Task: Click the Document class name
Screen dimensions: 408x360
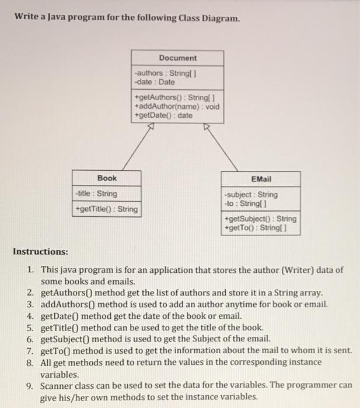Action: tap(177, 58)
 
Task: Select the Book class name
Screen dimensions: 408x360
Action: tap(107, 178)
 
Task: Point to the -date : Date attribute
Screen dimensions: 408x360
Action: tap(154, 82)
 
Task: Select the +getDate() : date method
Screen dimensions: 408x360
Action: tap(163, 115)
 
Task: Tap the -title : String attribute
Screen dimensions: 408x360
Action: tap(97, 194)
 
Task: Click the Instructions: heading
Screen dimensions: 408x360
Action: tap(41, 252)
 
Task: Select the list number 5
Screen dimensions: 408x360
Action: tap(30, 327)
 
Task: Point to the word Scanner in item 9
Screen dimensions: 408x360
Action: tap(58, 385)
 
